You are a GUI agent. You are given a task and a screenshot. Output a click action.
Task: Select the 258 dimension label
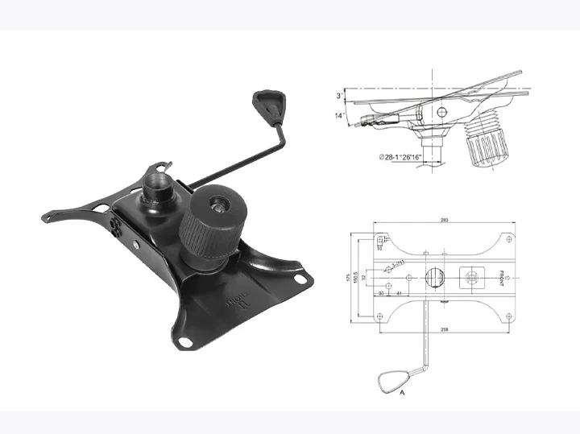click(445, 330)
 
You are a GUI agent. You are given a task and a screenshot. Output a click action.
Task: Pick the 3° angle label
click(342, 96)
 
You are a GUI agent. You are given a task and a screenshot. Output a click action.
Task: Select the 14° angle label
click(342, 116)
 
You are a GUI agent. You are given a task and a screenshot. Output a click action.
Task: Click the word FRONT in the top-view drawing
click(500, 276)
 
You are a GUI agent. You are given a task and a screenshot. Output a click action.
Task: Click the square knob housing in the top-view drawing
click(470, 278)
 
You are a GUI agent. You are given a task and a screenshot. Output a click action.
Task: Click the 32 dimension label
click(365, 277)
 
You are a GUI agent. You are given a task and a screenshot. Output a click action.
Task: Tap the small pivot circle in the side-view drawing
click(441, 111)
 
